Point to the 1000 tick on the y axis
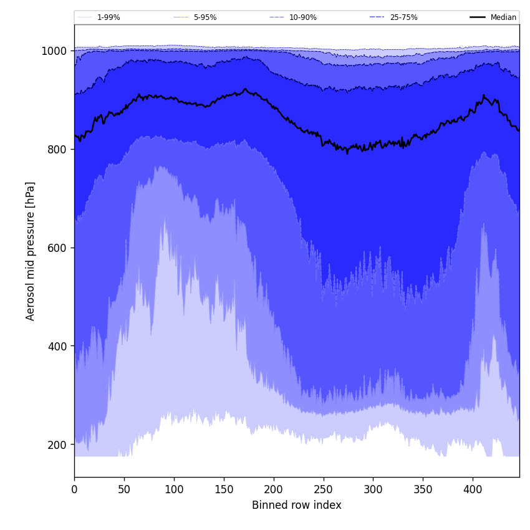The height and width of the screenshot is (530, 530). click(x=54, y=51)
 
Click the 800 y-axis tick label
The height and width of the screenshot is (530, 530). click(x=57, y=150)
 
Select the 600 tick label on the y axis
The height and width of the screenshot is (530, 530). click(x=57, y=248)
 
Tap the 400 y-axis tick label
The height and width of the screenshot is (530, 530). click(x=57, y=346)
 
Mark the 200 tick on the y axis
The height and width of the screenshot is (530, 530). click(x=57, y=445)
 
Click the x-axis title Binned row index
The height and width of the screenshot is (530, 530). click(x=297, y=506)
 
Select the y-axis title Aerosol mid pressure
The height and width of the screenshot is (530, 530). click(x=31, y=251)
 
